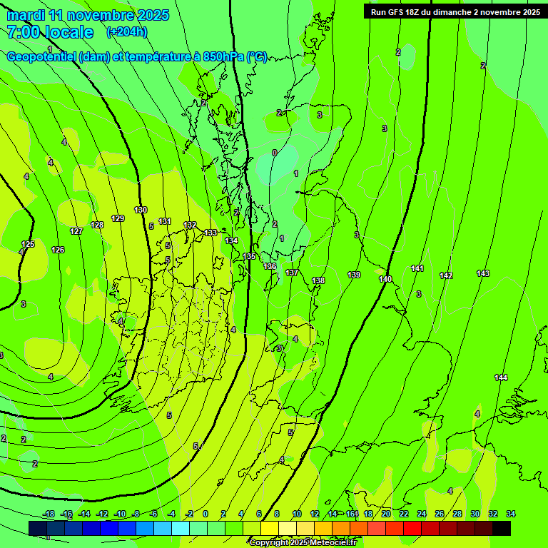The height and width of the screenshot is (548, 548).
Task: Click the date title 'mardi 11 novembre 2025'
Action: coord(88,15)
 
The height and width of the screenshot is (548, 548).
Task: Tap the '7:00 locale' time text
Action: coord(50,32)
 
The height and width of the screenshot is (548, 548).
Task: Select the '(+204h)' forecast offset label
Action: coord(127,31)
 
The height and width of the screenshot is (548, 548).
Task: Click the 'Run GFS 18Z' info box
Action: coord(455,12)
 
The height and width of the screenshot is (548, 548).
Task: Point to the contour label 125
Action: coord(28,244)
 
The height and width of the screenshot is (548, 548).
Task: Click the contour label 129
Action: coord(118,218)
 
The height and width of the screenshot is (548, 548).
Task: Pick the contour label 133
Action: coord(210,233)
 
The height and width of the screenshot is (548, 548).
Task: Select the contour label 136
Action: coord(270,266)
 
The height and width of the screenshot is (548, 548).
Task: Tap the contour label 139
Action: coord(354,275)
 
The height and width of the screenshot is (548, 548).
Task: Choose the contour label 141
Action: coord(417,268)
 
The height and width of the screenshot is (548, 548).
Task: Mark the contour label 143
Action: coord(483,273)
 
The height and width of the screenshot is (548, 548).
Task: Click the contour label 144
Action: coord(501,377)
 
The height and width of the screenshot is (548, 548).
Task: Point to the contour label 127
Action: coord(76,231)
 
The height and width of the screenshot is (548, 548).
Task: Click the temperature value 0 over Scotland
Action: coord(275,153)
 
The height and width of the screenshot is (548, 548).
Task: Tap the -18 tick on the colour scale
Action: coord(49,514)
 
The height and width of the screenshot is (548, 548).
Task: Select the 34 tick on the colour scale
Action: coord(511,514)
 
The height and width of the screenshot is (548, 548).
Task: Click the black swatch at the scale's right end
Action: coord(502,528)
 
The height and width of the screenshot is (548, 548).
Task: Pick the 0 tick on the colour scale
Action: coord(205,514)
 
